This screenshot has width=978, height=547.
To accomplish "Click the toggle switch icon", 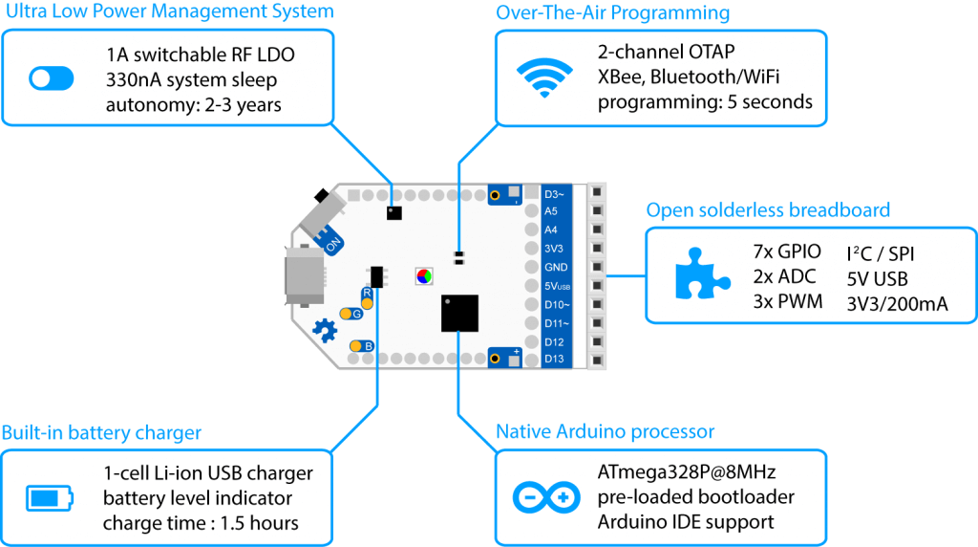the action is [x=52, y=78].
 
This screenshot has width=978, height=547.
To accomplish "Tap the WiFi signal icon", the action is [x=544, y=77].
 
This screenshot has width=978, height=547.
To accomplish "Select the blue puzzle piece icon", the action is [x=702, y=273].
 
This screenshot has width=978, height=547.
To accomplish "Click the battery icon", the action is [x=50, y=497].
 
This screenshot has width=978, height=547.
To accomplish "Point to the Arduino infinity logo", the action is [x=546, y=497].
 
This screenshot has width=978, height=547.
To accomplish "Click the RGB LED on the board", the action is [x=424, y=276].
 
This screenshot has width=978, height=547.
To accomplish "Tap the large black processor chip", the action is [x=459, y=313].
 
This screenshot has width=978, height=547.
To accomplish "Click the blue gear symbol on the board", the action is [x=325, y=330].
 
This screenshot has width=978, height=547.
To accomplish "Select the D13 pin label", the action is [x=554, y=359].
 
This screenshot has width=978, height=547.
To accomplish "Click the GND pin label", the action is [x=556, y=267].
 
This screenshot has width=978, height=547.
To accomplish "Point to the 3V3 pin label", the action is [x=553, y=249].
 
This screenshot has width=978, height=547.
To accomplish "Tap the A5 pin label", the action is [x=551, y=211].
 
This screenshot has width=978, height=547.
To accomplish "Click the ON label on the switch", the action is [x=333, y=244].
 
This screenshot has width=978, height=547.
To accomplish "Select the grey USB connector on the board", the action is [x=305, y=275].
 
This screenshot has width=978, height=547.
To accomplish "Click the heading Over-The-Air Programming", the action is [x=612, y=12].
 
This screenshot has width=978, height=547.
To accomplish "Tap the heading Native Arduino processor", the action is [x=605, y=431].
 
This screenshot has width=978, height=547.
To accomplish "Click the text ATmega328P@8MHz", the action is [x=687, y=472].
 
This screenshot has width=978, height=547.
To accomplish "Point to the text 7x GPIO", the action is [x=787, y=252].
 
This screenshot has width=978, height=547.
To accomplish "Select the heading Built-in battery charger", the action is [x=101, y=433].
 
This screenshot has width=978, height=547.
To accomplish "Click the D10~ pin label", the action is [x=557, y=305].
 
